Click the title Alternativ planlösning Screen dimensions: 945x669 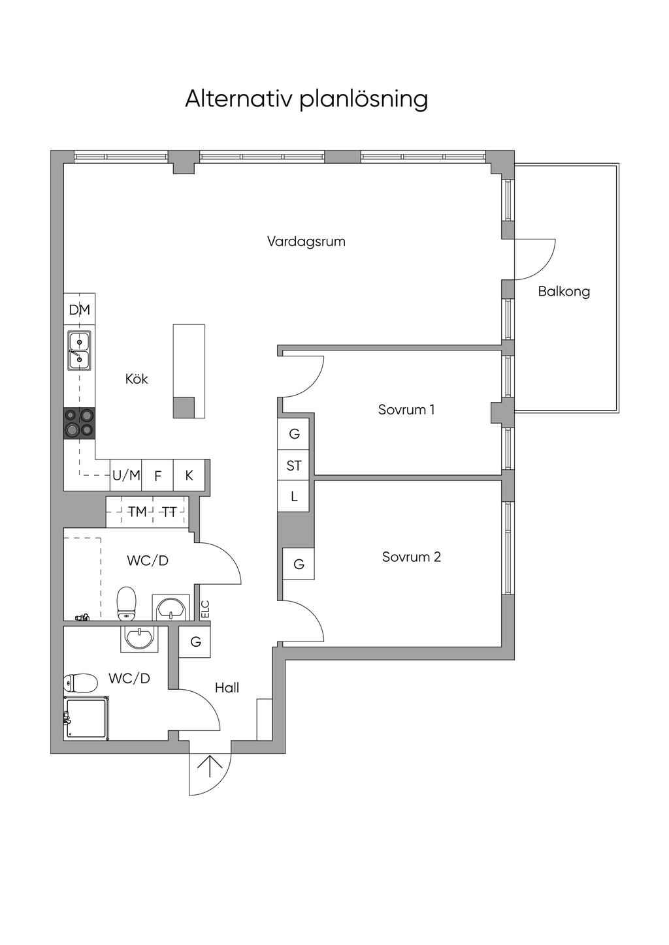pyautogui.click(x=306, y=99)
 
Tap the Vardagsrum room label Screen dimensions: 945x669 pyautogui.click(x=306, y=241)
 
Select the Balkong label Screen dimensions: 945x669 pyautogui.click(x=564, y=292)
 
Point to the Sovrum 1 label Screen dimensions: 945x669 pyautogui.click(x=406, y=410)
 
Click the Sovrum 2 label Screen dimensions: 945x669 pyautogui.click(x=411, y=557)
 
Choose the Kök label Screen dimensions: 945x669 pyautogui.click(x=137, y=379)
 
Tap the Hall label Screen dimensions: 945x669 pyautogui.click(x=227, y=687)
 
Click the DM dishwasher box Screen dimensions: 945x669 pyautogui.click(x=80, y=309)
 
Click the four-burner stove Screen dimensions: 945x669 pyautogui.click(x=79, y=422)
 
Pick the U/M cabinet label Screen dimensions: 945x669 pyautogui.click(x=126, y=475)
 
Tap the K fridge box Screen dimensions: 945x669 pyautogui.click(x=189, y=475)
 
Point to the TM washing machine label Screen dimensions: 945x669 pyautogui.click(x=137, y=512)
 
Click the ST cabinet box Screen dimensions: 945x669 pyautogui.click(x=294, y=465)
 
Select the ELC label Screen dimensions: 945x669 pyautogui.click(x=204, y=610)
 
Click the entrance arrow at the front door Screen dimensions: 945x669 pyautogui.click(x=210, y=766)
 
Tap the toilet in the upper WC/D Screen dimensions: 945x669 pyautogui.click(x=126, y=603)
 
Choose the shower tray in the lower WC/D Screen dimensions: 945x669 pyautogui.click(x=87, y=718)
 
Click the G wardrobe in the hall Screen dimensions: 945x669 pyautogui.click(x=195, y=642)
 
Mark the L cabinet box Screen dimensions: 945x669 pyautogui.click(x=294, y=496)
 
